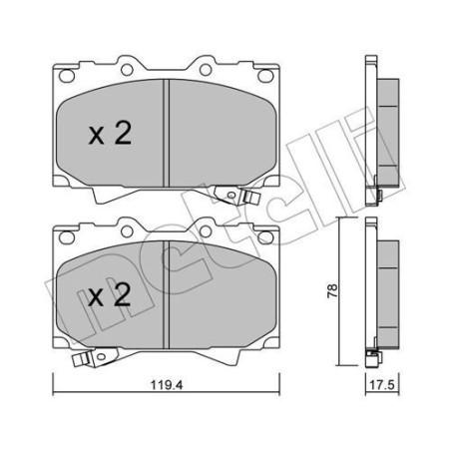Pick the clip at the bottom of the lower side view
[x=375, y=356]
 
